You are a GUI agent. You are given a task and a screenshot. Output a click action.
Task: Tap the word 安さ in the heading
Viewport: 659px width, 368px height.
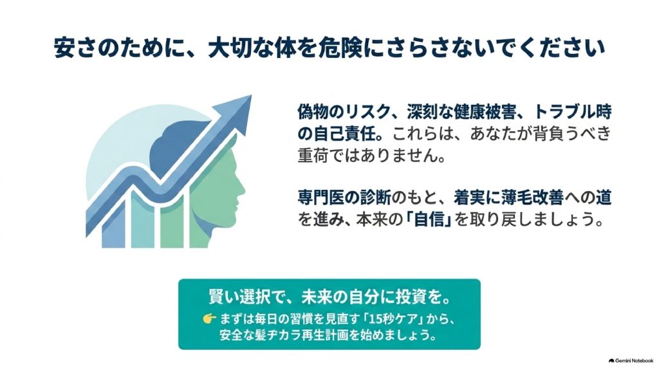point(75,48)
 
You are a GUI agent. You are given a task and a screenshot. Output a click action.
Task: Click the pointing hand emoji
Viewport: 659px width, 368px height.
point(209,319)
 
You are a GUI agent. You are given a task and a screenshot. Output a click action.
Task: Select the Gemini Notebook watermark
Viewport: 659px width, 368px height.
point(631,360)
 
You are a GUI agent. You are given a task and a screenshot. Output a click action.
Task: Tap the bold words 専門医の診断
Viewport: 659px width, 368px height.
point(344,198)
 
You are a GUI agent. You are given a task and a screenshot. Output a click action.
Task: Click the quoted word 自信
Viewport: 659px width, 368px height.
point(429,219)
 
